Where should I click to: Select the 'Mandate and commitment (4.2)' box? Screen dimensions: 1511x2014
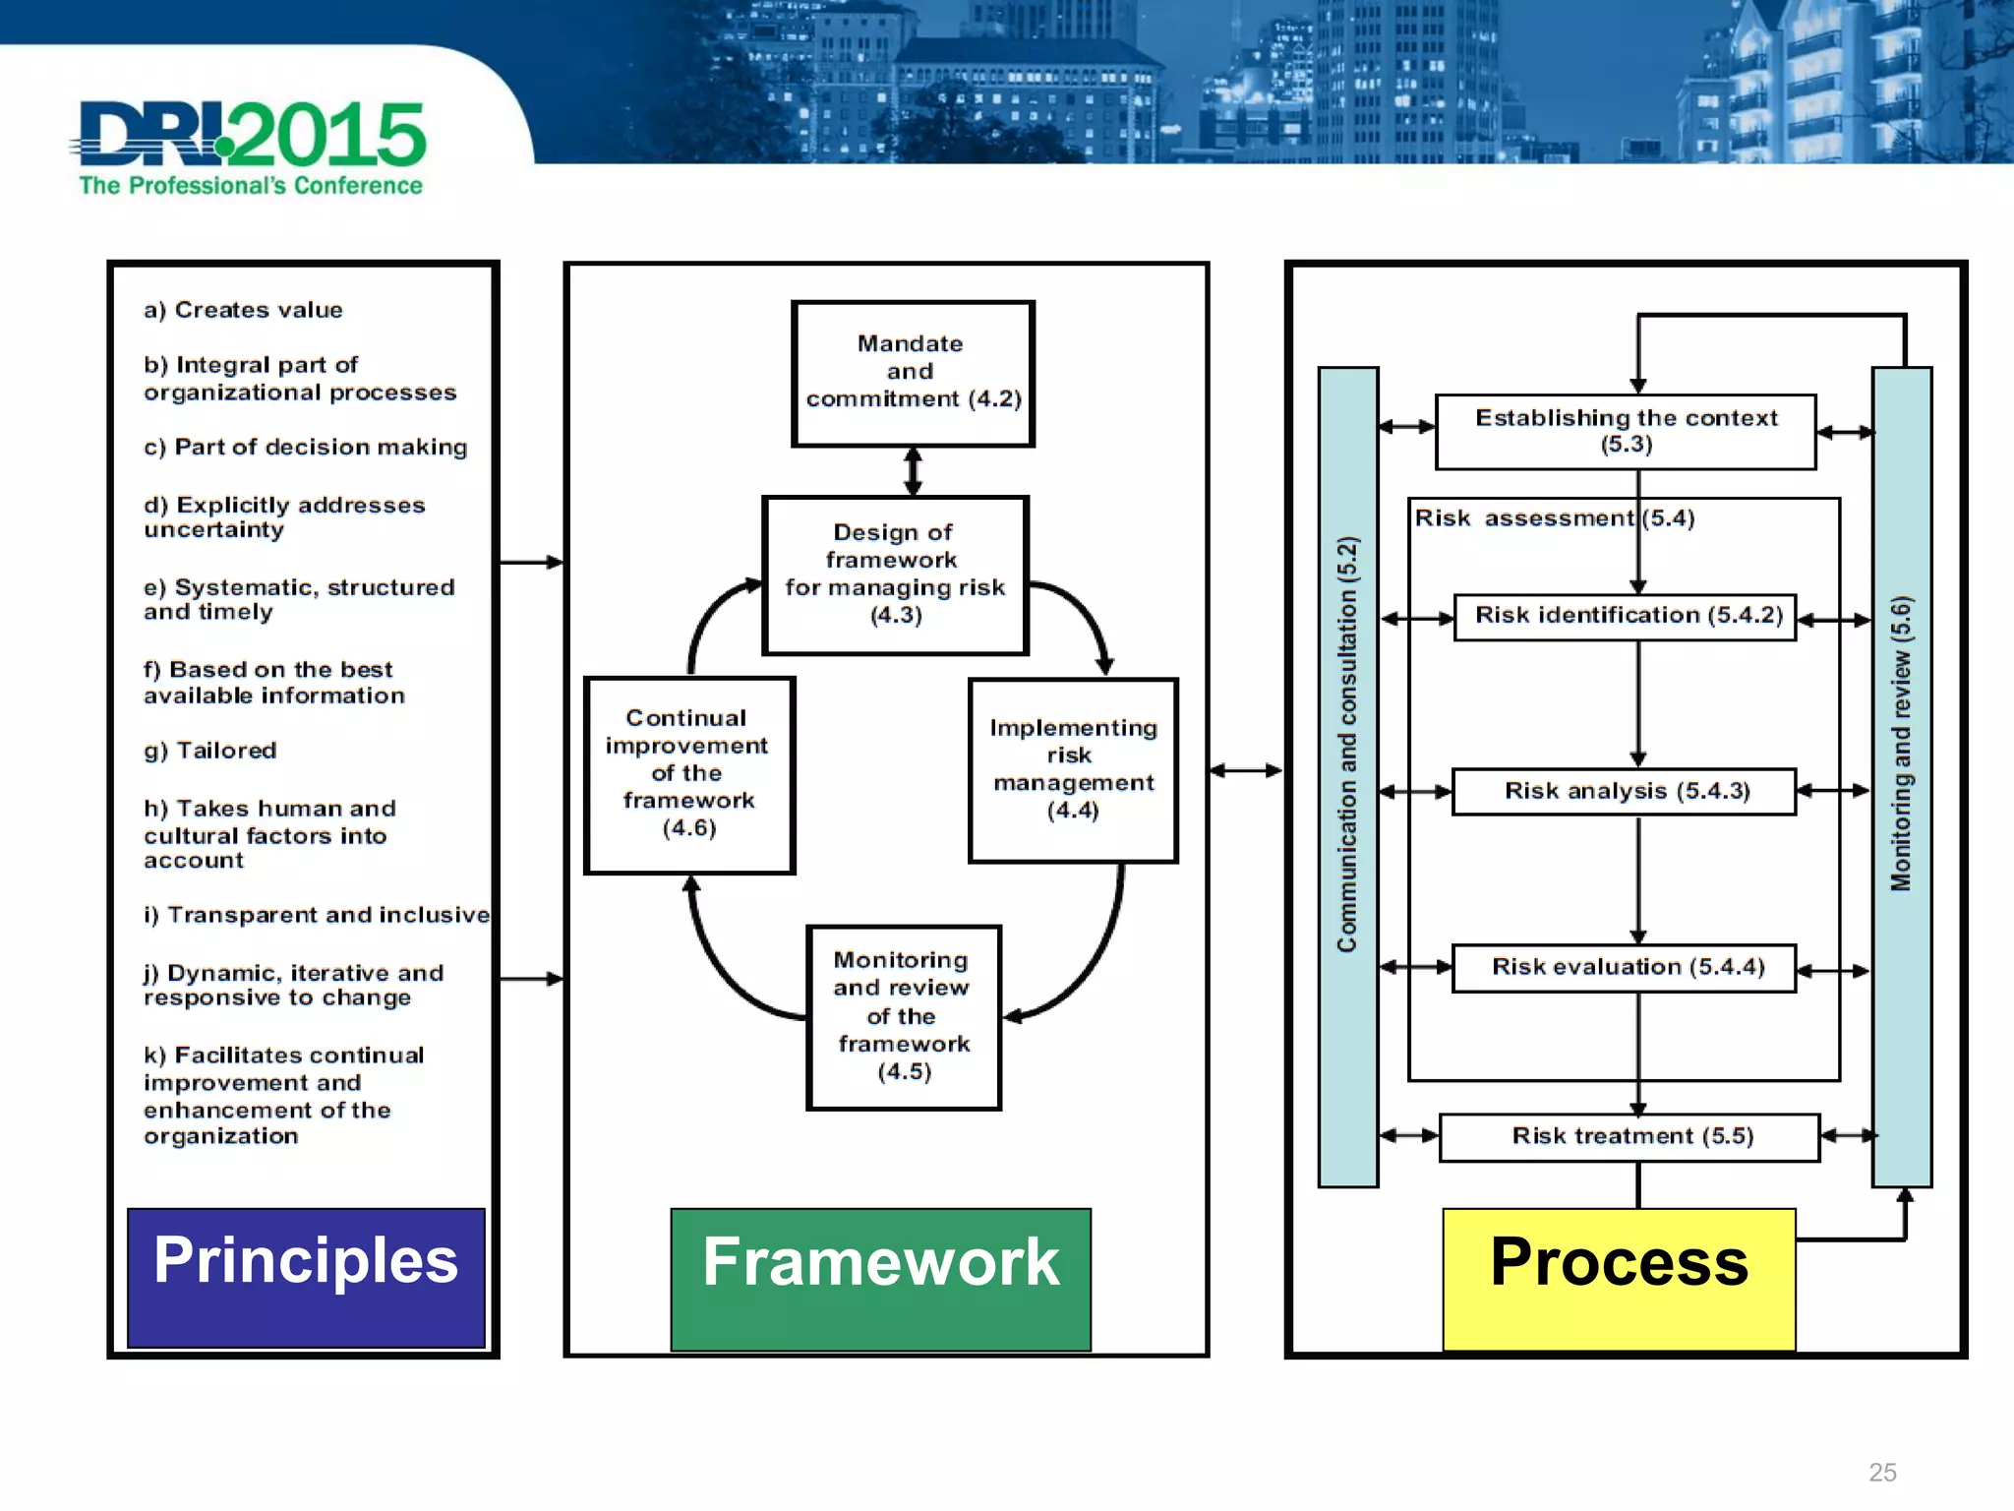tap(913, 373)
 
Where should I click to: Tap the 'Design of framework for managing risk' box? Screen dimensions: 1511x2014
tap(895, 574)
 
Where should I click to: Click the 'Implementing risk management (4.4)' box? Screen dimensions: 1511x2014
tap(1072, 769)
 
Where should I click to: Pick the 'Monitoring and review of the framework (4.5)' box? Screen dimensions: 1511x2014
tap(903, 1016)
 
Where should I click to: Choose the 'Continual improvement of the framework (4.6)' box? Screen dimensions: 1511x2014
tap(688, 773)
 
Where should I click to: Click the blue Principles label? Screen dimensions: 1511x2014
tap(306, 1276)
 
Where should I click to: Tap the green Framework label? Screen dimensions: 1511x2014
tap(880, 1278)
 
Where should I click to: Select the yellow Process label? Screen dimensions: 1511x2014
tap(1619, 1278)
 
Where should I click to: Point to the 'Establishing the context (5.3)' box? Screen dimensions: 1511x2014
tap(1626, 431)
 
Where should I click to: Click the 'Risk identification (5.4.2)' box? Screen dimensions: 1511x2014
tap(1626, 616)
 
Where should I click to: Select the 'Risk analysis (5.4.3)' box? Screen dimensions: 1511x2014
tap(1625, 791)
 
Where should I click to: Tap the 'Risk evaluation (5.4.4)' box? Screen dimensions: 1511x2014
tap(1625, 967)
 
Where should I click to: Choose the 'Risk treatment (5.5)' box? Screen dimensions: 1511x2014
tap(1629, 1136)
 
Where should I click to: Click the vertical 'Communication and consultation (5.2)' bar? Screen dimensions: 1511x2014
tap(1347, 776)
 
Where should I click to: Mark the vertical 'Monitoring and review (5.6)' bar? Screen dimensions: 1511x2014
tap(1901, 776)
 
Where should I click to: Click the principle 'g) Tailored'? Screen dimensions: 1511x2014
tap(209, 751)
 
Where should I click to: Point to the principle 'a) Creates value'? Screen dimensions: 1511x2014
tap(243, 310)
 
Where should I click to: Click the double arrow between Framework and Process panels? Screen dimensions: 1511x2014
tap(1245, 770)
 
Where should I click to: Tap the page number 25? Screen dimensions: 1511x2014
tap(1881, 1472)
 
